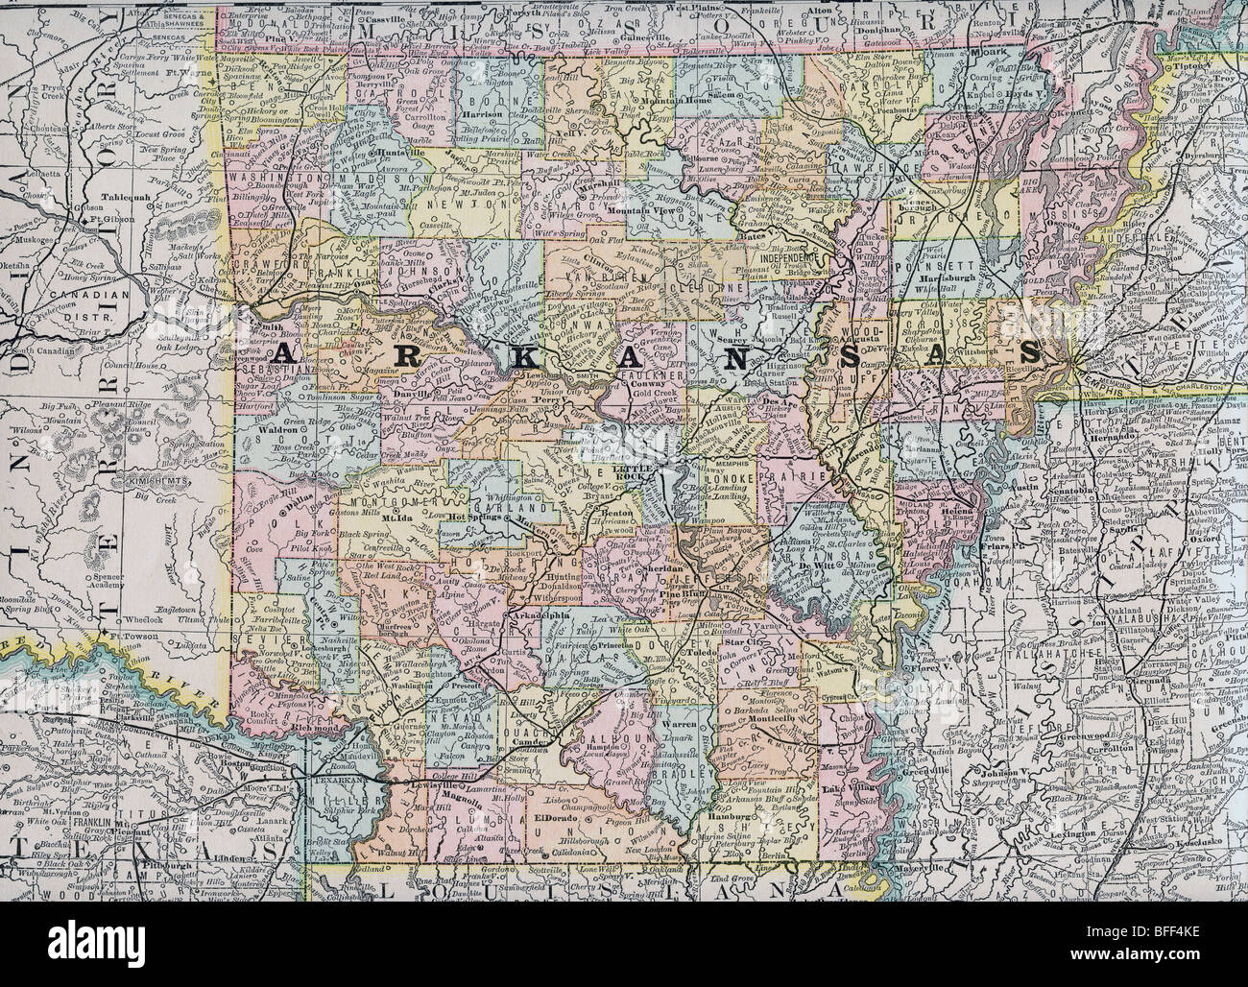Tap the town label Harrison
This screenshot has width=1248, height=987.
point(490,112)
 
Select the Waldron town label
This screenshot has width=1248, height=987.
point(303,429)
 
